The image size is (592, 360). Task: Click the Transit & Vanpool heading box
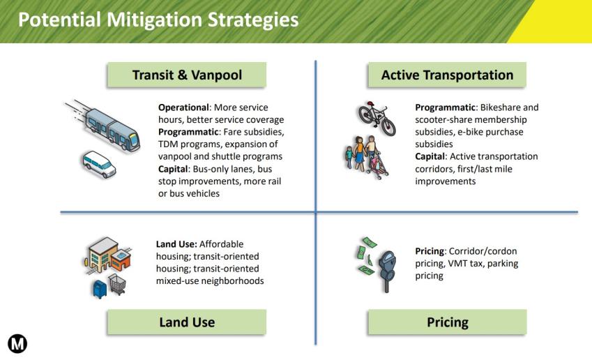click(x=187, y=75)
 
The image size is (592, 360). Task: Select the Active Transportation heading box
click(x=447, y=75)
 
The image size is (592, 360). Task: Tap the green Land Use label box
click(x=187, y=322)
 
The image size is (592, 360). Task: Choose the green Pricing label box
click(x=447, y=322)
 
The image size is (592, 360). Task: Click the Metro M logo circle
click(x=17, y=343)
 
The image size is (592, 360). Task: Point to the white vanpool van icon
click(x=98, y=164)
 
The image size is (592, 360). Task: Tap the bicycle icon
click(x=377, y=112)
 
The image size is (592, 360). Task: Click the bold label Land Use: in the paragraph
click(x=176, y=244)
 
